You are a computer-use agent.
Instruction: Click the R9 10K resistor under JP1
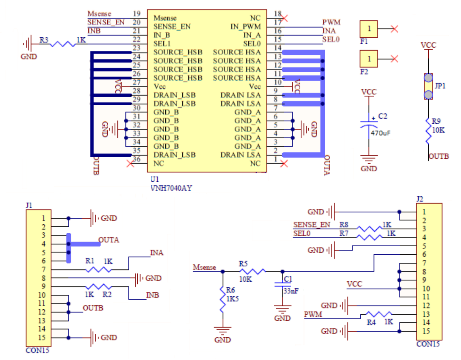click(x=428, y=131)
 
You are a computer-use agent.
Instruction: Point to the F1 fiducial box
click(x=369, y=28)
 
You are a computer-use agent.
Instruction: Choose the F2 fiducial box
click(x=369, y=59)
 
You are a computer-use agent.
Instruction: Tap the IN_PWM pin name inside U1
click(x=246, y=27)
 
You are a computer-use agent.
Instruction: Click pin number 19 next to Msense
click(x=136, y=14)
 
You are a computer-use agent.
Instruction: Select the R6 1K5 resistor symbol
click(x=222, y=299)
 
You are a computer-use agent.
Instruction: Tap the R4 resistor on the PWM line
click(x=378, y=314)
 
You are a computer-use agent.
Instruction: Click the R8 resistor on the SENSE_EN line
click(x=369, y=229)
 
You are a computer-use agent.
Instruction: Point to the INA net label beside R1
click(x=156, y=253)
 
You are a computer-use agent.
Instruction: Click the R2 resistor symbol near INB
click(x=98, y=287)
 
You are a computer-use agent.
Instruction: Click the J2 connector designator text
click(x=420, y=199)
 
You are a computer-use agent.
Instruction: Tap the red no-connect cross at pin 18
click(x=285, y=18)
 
